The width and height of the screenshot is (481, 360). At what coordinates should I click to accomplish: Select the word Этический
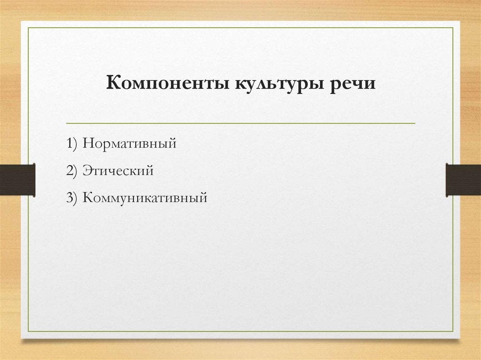pos(118,171)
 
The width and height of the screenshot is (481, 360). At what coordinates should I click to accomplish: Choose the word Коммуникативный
pos(145,198)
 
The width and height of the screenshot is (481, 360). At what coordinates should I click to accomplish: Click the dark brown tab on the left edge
pos(17,179)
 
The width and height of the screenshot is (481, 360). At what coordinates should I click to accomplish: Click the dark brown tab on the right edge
pos(463,179)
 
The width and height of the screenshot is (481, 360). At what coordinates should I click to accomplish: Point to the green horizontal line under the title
pos(240,123)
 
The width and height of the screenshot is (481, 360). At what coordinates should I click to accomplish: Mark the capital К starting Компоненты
pos(113,84)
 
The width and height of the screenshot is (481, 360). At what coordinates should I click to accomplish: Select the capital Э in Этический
pos(87,171)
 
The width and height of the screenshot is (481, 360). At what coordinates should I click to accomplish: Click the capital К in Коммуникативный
pos(88,198)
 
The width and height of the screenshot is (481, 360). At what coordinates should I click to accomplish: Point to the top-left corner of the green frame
pos(28,28)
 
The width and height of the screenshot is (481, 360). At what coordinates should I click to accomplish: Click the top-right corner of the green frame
pos(453,28)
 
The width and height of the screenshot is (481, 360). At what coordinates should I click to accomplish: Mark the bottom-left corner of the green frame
pos(28,331)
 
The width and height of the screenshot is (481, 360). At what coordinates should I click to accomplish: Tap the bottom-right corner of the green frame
pos(453,331)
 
